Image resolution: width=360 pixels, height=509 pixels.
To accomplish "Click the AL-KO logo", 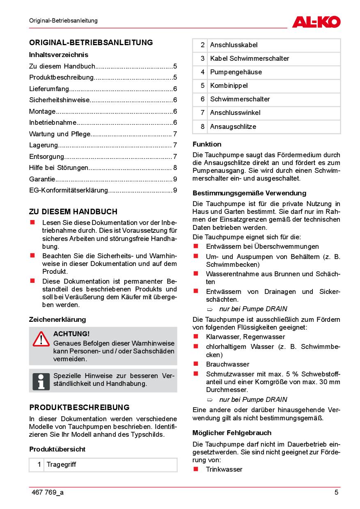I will pyautogui.click(x=316, y=21).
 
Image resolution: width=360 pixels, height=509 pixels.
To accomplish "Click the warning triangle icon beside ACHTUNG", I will pyautogui.click(x=41, y=339).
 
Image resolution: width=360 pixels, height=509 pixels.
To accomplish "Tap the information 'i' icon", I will pyautogui.click(x=41, y=381).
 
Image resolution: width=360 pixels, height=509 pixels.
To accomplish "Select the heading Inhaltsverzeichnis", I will pyautogui.click(x=59, y=55).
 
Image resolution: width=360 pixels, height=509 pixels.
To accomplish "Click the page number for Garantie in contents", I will pyautogui.click(x=175, y=179).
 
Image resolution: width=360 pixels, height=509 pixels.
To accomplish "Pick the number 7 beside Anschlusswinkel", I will pyautogui.click(x=202, y=113).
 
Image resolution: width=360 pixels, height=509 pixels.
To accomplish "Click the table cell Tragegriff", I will pyautogui.click(x=61, y=465).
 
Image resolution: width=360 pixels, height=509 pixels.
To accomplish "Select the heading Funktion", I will pyautogui.click(x=207, y=144).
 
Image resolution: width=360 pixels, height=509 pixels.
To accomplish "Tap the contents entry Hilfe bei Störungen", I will pyautogui.click(x=59, y=167).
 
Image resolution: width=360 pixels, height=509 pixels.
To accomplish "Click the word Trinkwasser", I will pyautogui.click(x=224, y=470).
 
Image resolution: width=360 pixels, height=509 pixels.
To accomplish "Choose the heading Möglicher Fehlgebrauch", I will pyautogui.click(x=232, y=433).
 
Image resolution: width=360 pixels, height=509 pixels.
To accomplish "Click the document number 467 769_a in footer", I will pyautogui.click(x=47, y=493).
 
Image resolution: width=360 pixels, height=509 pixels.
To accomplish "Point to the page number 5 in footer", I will pyautogui.click(x=336, y=493).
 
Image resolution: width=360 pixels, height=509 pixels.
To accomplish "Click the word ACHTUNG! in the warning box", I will pyautogui.click(x=71, y=334).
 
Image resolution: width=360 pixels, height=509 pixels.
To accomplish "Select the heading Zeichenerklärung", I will pyautogui.click(x=57, y=319).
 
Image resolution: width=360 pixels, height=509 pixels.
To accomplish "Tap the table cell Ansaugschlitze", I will pyautogui.click(x=233, y=127).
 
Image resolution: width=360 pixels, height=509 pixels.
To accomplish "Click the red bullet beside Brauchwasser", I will pyautogui.click(x=196, y=364).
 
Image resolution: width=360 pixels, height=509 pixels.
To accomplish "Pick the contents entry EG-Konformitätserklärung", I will pyautogui.click(x=69, y=190).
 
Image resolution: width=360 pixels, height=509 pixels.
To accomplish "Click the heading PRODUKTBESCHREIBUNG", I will pyautogui.click(x=79, y=408).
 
